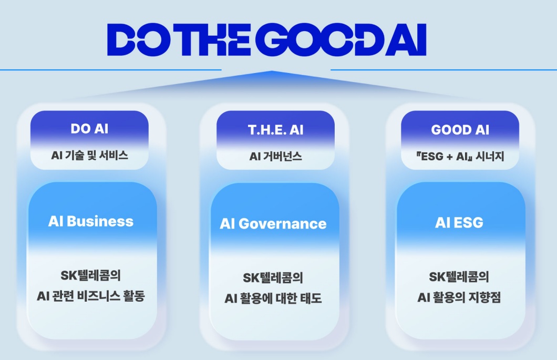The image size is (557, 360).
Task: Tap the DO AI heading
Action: [89, 129]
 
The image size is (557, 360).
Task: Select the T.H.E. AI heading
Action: [275, 130]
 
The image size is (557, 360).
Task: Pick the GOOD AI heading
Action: [460, 130]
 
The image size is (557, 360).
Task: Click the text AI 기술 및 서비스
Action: [89, 156]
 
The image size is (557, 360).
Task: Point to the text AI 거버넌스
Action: [275, 156]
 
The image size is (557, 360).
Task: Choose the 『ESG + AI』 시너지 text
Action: [460, 156]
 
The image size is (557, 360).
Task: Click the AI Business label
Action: [91, 221]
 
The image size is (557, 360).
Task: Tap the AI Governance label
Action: [273, 223]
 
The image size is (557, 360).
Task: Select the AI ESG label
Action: [459, 222]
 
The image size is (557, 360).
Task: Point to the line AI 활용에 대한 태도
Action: [273, 299]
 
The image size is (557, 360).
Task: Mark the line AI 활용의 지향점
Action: [459, 297]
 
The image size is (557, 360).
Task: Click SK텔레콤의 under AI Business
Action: [91, 275]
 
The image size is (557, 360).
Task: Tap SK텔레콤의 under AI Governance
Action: [273, 277]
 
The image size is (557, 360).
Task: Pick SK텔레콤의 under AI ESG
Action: [459, 276]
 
